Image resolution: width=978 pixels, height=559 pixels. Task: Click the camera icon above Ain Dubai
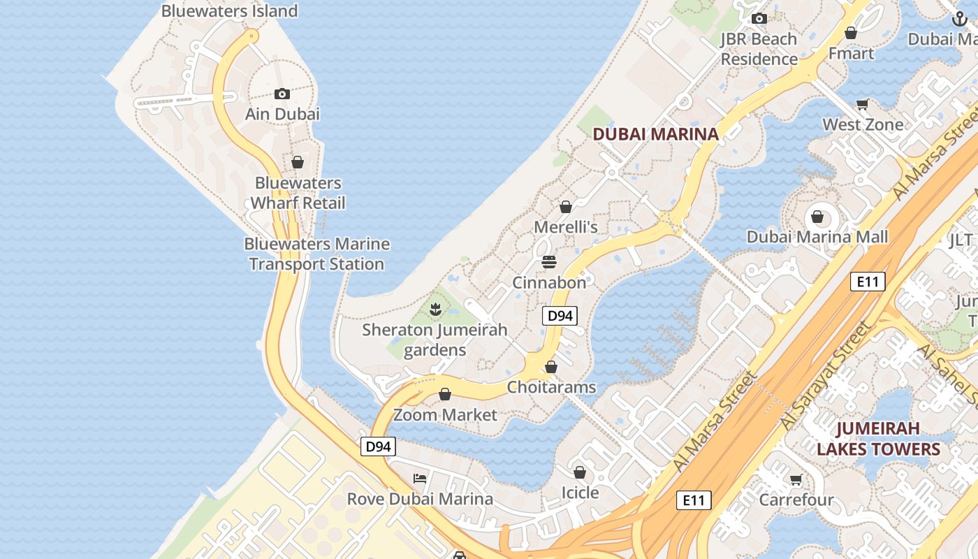282,94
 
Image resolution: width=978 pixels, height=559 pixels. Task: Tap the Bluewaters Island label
229,11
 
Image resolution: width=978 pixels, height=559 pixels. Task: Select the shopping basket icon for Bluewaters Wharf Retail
298,162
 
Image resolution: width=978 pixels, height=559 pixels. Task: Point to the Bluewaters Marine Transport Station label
316,254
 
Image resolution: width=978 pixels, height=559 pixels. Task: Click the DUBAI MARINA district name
655,134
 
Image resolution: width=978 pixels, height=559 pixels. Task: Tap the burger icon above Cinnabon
549,262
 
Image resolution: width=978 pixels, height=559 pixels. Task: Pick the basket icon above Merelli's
566,207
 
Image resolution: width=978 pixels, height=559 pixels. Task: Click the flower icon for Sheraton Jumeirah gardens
435,309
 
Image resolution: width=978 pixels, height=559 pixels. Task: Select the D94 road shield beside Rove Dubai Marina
378,447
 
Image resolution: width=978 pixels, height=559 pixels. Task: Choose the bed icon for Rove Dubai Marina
420,479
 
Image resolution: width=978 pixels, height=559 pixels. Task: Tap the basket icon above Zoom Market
445,394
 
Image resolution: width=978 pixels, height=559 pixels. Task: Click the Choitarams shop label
551,387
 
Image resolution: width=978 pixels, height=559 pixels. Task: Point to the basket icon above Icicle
580,472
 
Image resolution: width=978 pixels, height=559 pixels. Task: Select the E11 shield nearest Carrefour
694,500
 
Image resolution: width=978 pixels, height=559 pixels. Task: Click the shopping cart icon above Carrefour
796,479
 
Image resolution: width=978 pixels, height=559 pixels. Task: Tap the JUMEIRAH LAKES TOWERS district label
878,438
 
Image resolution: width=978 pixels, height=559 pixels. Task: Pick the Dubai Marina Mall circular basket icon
817,217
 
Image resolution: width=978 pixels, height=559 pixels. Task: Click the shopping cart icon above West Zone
863,105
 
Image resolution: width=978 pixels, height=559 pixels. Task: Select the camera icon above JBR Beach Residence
759,19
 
